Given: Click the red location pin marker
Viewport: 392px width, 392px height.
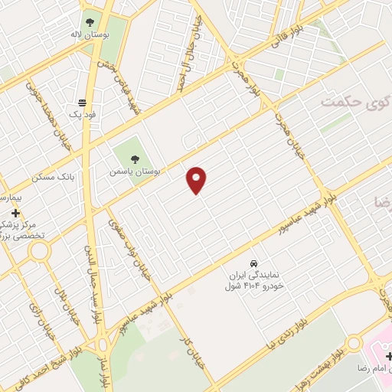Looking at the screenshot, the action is click(197, 180).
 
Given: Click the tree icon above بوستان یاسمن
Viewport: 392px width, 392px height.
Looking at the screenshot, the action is click(135, 160).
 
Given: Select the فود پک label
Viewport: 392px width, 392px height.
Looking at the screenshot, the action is click(85, 114).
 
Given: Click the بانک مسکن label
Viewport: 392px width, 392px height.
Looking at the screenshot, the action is click(55, 176).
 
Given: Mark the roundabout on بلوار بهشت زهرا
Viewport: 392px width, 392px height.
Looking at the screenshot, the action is click(353, 344).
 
